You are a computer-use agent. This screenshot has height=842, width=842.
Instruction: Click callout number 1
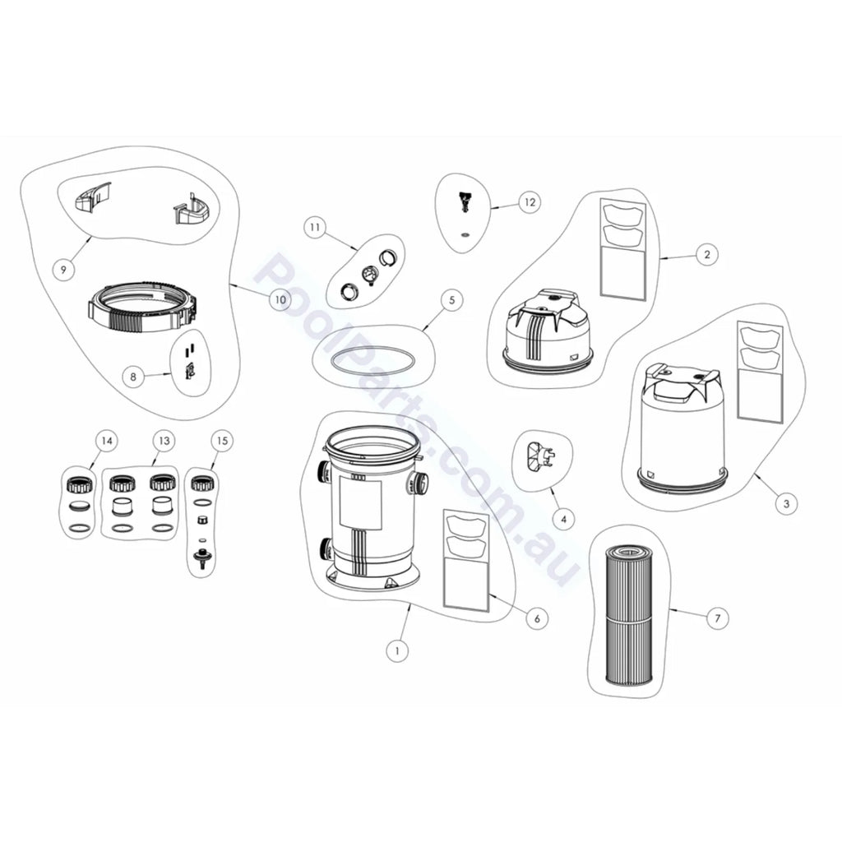397,651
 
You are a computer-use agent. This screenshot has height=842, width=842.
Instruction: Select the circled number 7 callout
717,618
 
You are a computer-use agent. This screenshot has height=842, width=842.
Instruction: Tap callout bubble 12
530,202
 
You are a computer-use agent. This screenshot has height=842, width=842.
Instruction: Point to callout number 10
280,299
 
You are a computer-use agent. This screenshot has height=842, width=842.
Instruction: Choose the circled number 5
451,299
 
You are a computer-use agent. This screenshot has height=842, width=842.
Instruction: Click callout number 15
222,441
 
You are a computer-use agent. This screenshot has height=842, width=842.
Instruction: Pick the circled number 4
563,520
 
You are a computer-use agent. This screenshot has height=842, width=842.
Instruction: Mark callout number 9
64,269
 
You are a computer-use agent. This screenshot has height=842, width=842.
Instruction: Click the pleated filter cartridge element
628,614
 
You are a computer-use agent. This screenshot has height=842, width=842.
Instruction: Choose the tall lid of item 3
683,424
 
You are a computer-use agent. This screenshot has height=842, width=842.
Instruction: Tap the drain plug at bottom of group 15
202,559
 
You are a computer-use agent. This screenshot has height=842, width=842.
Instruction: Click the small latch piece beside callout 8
188,369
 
